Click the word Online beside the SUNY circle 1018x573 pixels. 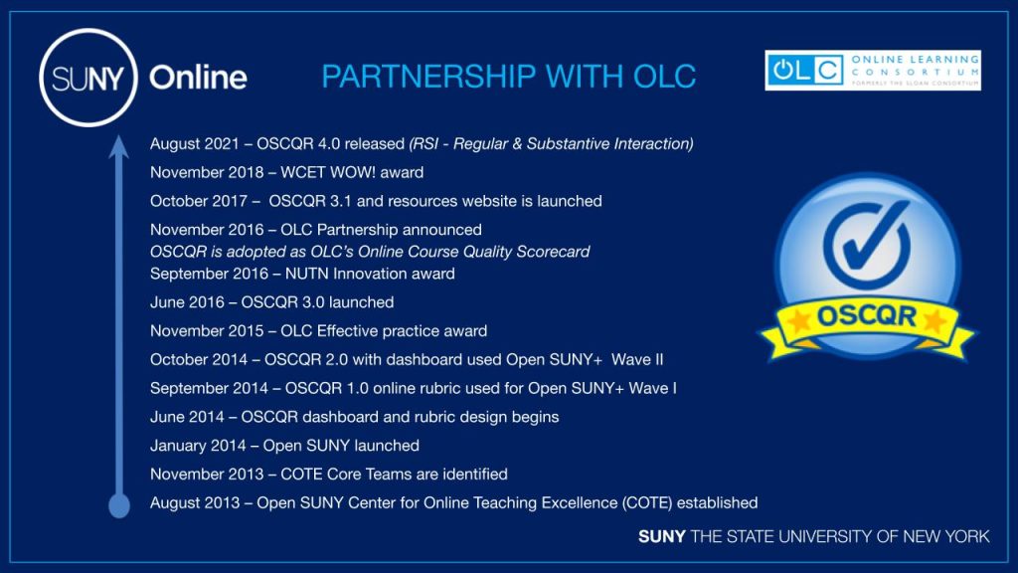point(198,78)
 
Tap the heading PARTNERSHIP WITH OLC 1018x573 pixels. point(508,77)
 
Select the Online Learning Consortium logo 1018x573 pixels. point(873,71)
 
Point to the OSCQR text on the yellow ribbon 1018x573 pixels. point(866,316)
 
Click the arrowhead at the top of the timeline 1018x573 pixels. point(118,147)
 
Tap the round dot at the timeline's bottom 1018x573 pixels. point(119,505)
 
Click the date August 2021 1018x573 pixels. point(195,143)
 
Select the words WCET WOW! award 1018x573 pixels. point(352,172)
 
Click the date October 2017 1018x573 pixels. point(199,201)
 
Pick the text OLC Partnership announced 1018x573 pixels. point(381,230)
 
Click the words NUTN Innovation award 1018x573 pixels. point(370,274)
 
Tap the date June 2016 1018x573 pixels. point(187,302)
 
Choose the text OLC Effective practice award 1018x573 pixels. point(384,330)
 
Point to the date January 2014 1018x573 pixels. point(198,445)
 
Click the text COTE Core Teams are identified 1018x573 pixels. point(394,474)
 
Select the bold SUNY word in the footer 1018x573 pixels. point(661,536)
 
